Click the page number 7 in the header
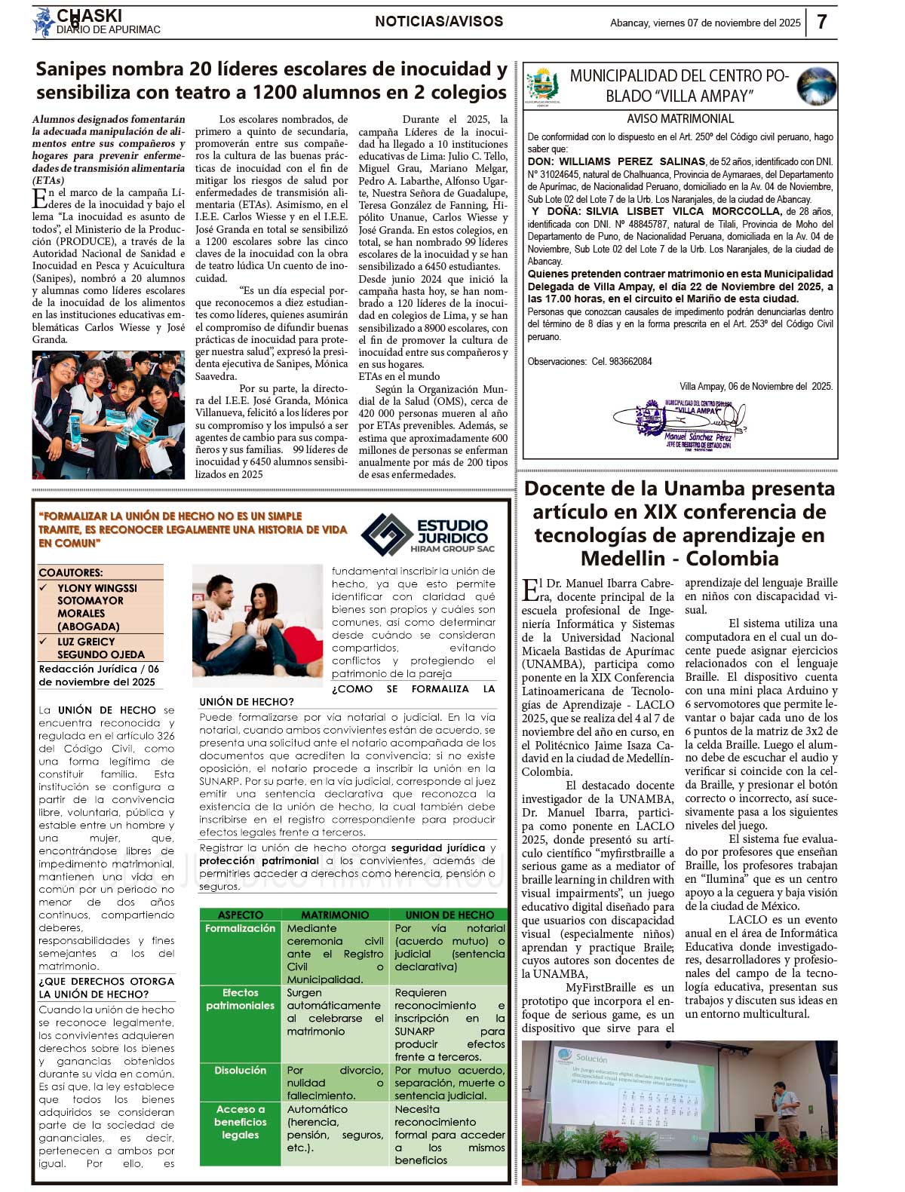[821, 22]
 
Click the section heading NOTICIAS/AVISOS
[439, 22]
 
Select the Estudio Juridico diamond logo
[386, 533]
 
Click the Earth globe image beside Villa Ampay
[817, 86]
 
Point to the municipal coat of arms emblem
[542, 85]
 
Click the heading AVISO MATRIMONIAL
[680, 119]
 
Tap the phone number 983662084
[621, 361]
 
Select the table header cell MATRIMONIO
[335, 915]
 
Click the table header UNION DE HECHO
[449, 915]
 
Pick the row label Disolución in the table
[240, 1070]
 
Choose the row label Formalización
[240, 928]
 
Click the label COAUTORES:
[71, 572]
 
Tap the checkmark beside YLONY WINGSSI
[44, 587]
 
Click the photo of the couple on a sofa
[257, 621]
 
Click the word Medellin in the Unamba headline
[623, 559]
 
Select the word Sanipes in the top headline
[75, 69]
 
